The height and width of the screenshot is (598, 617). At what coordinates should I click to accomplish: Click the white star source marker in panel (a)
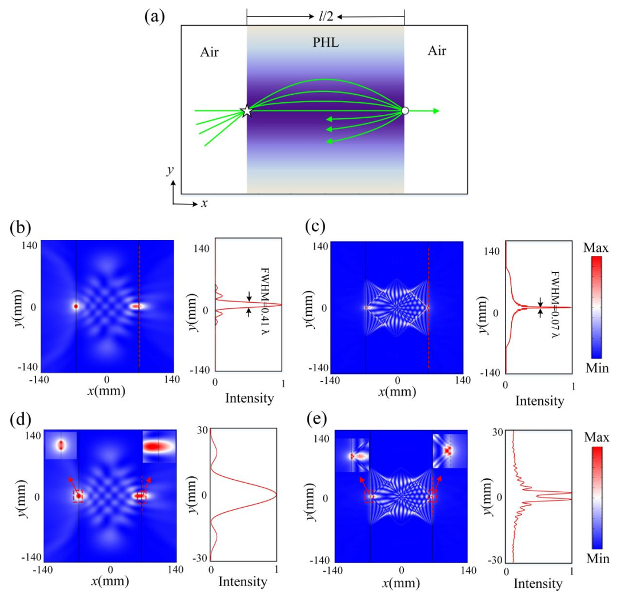click(x=246, y=111)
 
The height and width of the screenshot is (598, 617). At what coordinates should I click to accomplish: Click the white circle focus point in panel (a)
click(x=404, y=110)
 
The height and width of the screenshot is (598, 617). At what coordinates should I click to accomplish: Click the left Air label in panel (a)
click(x=210, y=53)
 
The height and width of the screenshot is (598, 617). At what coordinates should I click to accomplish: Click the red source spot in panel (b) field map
click(x=75, y=306)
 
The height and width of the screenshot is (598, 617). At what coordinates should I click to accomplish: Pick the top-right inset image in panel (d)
click(x=159, y=446)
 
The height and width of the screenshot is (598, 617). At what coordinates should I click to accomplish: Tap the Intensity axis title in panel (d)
click(x=243, y=583)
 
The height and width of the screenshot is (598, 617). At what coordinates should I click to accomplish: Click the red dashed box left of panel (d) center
click(x=78, y=496)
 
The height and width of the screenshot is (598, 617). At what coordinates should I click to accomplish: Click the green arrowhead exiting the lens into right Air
click(x=436, y=111)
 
